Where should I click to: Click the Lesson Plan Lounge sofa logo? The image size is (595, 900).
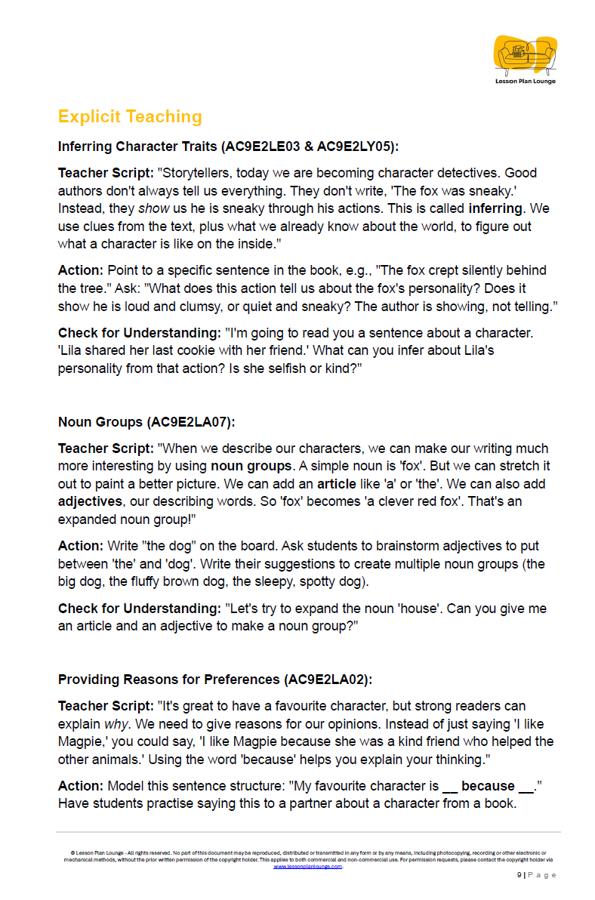[525, 54]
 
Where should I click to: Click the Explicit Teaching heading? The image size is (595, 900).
[130, 116]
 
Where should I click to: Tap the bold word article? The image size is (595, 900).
[337, 484]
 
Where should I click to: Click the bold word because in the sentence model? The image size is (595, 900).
[488, 786]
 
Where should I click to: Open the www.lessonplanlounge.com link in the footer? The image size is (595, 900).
[307, 867]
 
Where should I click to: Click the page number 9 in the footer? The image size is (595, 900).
[519, 875]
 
